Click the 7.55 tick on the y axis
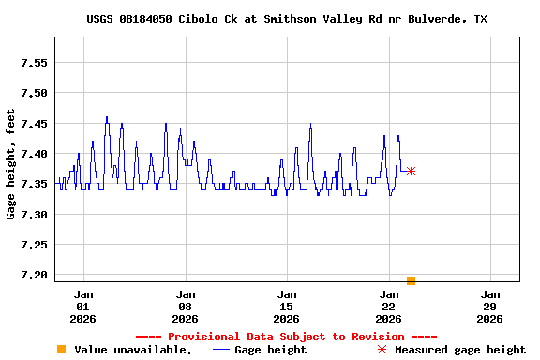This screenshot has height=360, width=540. tap(34, 63)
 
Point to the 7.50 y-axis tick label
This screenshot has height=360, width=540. tap(34, 93)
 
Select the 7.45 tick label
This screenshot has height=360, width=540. tap(34, 124)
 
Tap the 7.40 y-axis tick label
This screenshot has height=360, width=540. tap(34, 154)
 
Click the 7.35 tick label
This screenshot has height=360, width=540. tap(34, 184)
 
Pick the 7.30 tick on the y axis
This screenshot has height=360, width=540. tap(34, 215)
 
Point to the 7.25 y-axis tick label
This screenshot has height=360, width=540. tap(34, 245)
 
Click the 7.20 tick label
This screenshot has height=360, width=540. tap(34, 275)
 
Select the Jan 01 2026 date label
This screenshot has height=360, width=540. tap(83, 306)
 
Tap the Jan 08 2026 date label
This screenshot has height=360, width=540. tap(185, 306)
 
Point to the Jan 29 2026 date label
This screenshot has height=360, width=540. tap(489, 306)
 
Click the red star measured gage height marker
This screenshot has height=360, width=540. tap(411, 171)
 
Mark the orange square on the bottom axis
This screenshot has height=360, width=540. tap(411, 280)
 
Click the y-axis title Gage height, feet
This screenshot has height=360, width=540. tap(11, 164)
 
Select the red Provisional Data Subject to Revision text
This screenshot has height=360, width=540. tap(286, 336)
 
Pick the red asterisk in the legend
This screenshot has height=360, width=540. tap(382, 350)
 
